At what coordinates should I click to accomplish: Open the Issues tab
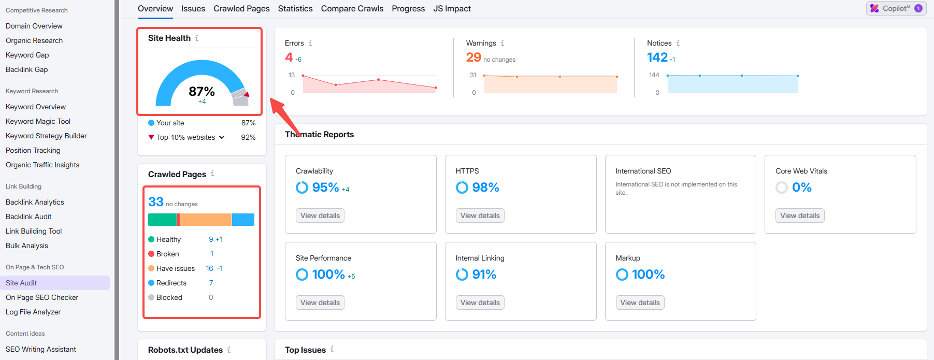(193, 9)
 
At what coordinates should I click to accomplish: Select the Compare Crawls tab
(352, 9)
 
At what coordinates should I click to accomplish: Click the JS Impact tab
(452, 9)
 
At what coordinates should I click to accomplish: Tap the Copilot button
(896, 8)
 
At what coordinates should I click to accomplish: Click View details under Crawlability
(320, 215)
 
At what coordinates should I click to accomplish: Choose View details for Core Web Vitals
(799, 215)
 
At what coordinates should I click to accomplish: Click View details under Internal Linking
(480, 303)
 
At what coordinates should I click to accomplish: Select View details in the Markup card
(640, 303)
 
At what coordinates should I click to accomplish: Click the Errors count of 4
(289, 57)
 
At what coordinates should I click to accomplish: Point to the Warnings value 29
(473, 57)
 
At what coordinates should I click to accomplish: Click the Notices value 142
(657, 57)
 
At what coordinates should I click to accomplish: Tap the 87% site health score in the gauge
(202, 92)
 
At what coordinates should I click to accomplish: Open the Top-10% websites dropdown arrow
(222, 137)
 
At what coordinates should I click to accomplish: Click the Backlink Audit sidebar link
(28, 217)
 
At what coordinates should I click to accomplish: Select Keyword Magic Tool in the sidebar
(38, 121)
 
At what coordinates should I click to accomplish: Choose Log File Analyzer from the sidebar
(33, 312)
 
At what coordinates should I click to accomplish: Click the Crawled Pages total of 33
(156, 202)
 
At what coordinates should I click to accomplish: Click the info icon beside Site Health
(197, 38)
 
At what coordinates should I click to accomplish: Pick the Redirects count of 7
(211, 283)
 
